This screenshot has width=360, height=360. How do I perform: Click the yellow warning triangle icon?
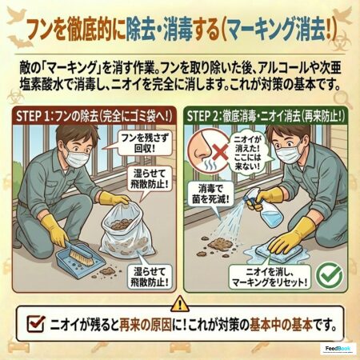pos(181,303)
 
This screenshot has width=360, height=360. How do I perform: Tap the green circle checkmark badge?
pos(329,275)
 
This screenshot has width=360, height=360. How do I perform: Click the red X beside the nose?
pos(220,153)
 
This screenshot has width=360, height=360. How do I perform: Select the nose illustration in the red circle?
pos(202,150)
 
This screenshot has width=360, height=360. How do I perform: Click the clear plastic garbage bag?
pos(126,233)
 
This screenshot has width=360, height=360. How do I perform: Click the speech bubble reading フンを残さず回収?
pos(144,143)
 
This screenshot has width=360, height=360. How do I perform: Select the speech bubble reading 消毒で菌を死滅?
pos(210,194)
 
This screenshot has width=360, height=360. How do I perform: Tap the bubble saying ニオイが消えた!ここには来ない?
pos(247,152)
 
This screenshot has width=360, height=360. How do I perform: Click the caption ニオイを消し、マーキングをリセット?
pos(270,277)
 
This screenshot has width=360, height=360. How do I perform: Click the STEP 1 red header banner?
pos(94,116)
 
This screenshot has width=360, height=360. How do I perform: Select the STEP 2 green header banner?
pos(265,116)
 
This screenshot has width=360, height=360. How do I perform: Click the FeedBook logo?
pos(338,349)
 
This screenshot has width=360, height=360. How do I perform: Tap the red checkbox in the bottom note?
pos(36,323)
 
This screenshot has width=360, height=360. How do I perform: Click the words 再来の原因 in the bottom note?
pos(146,325)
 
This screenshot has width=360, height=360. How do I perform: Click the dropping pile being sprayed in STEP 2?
pos(217,242)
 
